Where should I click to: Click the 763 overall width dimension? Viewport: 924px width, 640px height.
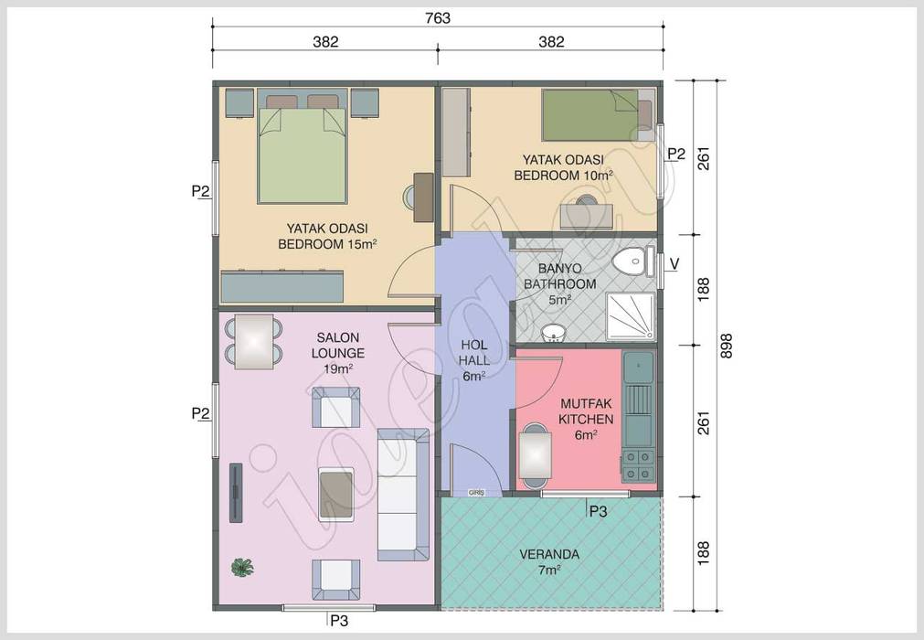438,18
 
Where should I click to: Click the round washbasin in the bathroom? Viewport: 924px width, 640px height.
552,330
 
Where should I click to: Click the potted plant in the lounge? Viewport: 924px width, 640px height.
241,567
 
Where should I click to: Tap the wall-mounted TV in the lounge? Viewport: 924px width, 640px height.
235,492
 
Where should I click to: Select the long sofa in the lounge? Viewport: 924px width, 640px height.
403,493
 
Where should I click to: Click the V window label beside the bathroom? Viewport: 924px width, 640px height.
674,264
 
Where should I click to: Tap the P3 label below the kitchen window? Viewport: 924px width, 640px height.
598,512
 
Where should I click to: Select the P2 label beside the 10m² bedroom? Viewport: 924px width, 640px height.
675,154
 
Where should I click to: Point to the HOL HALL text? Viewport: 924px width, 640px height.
473,360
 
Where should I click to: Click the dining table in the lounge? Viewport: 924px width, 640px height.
255,341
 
